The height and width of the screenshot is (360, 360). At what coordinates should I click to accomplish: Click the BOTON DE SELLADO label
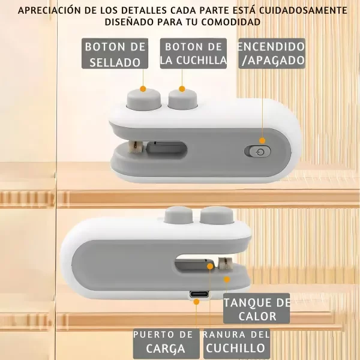pos(115,54)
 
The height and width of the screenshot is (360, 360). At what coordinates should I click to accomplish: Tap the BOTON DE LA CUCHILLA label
pos(193,53)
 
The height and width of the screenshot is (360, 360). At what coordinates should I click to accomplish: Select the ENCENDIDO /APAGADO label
pos(272,53)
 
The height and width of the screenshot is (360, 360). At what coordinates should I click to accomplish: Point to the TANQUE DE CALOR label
pos(256,309)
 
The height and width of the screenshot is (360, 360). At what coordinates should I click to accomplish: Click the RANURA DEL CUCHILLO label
pos(235,343)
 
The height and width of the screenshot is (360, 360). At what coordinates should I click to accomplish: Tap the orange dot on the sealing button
pos(143,89)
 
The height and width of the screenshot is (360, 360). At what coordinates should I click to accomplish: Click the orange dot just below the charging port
pos(196,302)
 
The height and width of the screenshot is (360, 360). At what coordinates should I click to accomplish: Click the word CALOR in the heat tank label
pos(256,316)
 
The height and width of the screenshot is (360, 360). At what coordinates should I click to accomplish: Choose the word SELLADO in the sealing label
pos(115,61)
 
